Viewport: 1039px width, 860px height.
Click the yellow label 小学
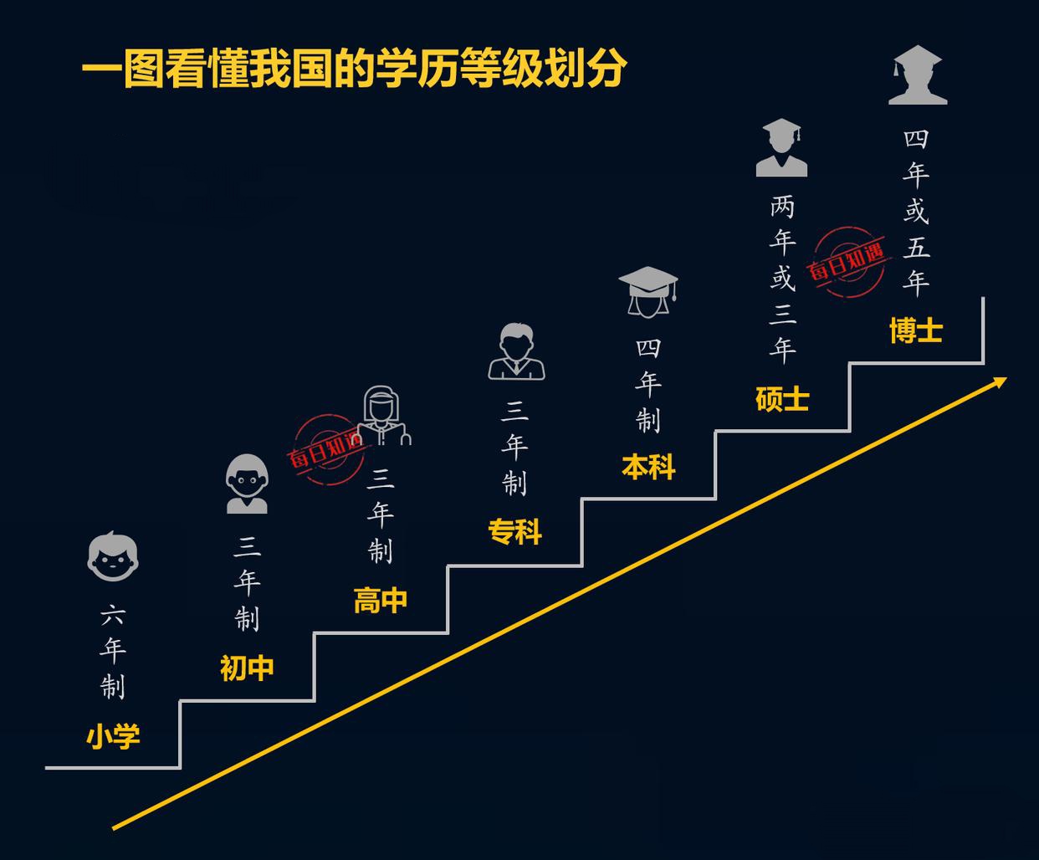point(113,736)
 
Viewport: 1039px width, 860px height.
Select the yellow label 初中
point(247,668)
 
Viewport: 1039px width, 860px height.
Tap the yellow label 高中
point(381,601)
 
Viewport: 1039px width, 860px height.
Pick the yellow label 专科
point(514,532)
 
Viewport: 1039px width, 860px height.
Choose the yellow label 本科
point(648,467)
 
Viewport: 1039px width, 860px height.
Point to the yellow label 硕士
point(782,399)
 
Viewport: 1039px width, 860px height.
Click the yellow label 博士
point(916,331)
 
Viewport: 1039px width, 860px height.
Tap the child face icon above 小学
point(113,556)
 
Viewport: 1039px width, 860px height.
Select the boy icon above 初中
point(247,484)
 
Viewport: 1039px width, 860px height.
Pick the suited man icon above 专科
point(516,352)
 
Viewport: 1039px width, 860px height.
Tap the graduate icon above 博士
point(917,75)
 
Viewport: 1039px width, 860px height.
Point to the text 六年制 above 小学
point(113,653)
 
